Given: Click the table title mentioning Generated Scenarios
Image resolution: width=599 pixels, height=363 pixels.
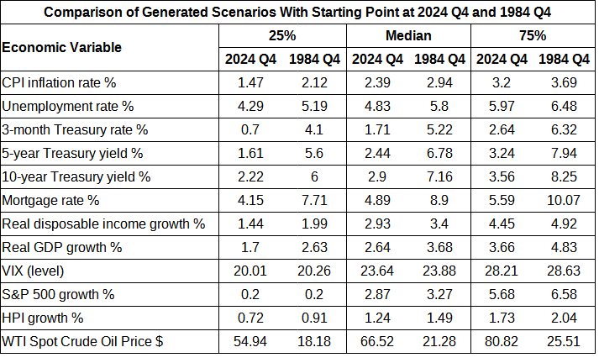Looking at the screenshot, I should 298,13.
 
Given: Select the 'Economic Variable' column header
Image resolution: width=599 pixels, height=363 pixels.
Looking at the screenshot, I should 62,47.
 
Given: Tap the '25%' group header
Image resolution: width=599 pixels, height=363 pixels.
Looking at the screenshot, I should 282,35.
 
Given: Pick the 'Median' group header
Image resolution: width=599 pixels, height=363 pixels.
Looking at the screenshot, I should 408,35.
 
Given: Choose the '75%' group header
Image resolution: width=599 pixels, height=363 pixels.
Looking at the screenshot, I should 533,35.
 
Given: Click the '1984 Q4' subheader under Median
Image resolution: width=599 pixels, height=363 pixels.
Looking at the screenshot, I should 439,59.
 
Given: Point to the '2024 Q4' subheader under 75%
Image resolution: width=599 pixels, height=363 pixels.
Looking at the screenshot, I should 502,59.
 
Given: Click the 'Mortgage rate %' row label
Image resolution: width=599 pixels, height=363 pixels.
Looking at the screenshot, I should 51,201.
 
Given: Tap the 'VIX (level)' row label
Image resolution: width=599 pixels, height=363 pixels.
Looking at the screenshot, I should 34,271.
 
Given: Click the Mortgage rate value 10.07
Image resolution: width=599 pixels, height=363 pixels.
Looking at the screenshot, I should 564,201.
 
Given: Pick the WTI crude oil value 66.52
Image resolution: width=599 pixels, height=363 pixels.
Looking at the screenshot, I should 376,343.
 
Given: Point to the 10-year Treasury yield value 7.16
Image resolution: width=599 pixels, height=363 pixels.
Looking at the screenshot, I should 439,177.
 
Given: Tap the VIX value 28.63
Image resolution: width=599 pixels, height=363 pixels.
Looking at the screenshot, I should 564,271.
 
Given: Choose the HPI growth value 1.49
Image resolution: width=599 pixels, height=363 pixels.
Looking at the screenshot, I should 439,319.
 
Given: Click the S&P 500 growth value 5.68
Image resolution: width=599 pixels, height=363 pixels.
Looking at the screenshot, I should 502,296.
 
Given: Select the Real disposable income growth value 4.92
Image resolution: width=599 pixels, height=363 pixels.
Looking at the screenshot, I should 564,224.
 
